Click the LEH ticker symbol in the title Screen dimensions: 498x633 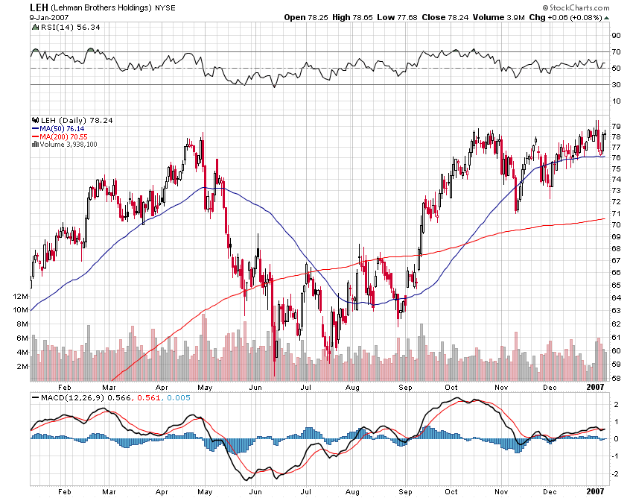(39, 7)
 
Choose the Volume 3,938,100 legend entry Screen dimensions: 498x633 (68, 144)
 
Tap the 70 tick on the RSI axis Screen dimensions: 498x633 (616, 51)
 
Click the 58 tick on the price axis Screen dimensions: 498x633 (616, 378)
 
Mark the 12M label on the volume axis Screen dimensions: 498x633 (21, 296)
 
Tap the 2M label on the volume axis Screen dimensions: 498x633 (23, 367)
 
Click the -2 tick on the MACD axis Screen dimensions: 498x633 (615, 474)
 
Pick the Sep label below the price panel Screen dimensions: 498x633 (405, 387)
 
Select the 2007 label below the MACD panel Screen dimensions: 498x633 (594, 491)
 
